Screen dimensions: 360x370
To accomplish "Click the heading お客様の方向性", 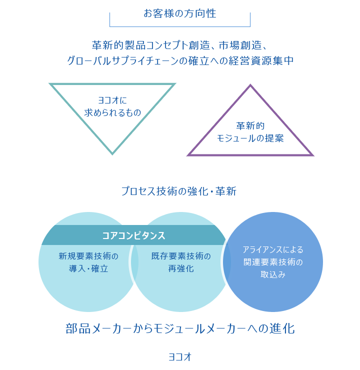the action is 180,13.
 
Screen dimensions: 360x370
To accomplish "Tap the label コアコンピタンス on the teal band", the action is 134,235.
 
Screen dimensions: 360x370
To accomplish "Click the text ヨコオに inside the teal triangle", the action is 112,100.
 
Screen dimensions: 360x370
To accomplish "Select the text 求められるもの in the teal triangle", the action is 112,112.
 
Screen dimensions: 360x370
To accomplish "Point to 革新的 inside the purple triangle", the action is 250,126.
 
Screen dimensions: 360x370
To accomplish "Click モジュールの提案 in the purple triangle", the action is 250,138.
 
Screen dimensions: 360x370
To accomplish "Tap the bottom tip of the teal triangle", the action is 112,154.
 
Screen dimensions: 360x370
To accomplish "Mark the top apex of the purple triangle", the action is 250,84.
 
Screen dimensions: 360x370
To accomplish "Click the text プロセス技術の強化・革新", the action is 179,191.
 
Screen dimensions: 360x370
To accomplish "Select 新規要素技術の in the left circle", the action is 88,256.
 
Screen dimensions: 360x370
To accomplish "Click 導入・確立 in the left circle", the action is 88,268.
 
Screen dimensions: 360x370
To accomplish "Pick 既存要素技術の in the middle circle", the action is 181,256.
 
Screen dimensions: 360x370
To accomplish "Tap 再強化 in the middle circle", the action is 181,268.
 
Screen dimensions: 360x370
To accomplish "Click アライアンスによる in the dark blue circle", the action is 273,249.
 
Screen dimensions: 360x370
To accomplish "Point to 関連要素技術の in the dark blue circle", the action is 273,262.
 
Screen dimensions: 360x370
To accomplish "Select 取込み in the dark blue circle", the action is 273,274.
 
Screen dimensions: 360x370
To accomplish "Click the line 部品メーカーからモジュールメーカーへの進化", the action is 180,328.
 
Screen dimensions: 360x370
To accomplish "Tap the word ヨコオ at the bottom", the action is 180,357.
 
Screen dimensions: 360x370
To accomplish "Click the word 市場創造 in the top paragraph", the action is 240,45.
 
